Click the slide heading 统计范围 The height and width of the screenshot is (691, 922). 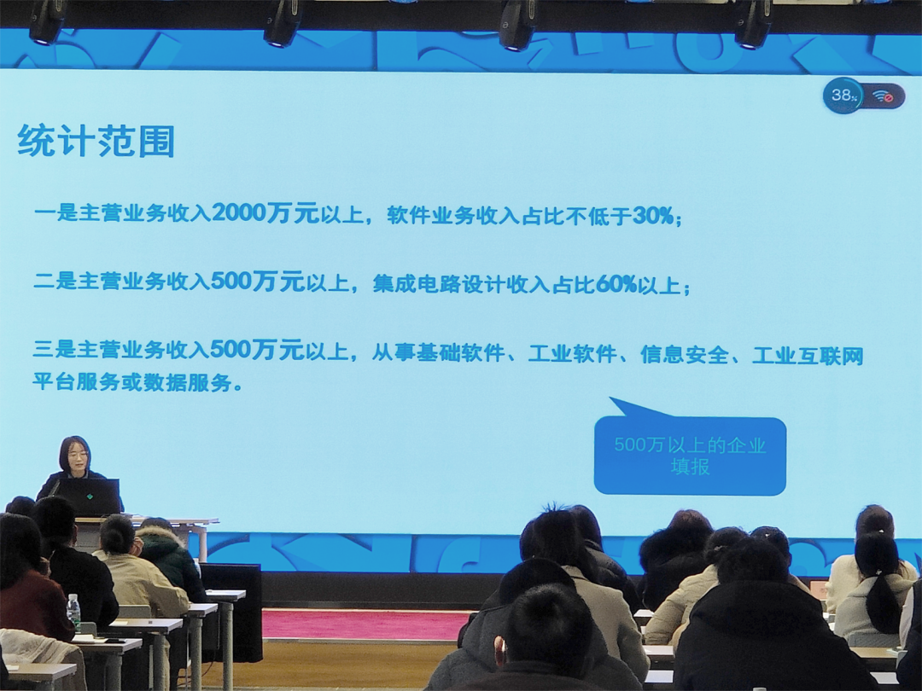[96, 141]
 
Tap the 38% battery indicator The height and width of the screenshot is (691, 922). [843, 95]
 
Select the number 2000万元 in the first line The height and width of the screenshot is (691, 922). [266, 212]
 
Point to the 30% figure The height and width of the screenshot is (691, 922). [653, 216]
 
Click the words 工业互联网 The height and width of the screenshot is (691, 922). [808, 356]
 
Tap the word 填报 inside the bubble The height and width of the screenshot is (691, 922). [691, 467]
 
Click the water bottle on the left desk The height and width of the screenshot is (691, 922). [73, 612]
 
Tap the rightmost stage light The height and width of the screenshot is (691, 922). [753, 24]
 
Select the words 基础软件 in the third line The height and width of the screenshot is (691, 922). [461, 353]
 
